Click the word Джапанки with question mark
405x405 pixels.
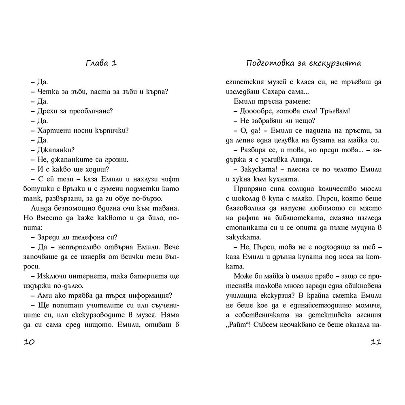coord(56,149)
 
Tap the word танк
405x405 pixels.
coord(32,198)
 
